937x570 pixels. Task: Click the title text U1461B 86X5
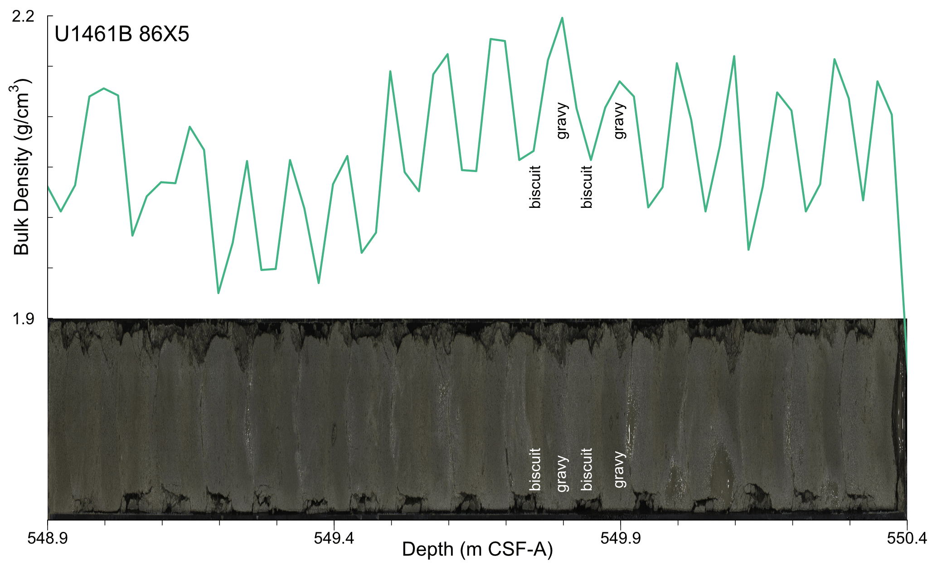pos(121,34)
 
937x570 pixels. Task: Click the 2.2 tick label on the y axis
pos(23,17)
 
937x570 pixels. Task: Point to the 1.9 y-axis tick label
pos(23,319)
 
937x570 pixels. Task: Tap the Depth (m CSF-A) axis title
pos(477,550)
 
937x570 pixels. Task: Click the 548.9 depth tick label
pos(48,538)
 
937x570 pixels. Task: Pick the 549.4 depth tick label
pos(334,538)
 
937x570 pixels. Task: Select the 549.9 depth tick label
pos(621,538)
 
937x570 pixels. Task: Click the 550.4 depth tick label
pos(907,538)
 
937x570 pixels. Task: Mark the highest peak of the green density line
pos(562,18)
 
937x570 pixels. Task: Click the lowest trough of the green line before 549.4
pos(218,293)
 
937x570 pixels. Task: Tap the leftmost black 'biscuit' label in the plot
pos(535,187)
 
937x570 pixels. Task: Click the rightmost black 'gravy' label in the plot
pos(620,121)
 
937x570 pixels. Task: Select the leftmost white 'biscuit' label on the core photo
pos(535,469)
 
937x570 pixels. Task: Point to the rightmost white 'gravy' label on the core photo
pos(620,469)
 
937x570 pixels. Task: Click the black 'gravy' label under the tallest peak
pos(562,121)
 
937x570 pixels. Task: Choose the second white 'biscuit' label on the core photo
pos(587,469)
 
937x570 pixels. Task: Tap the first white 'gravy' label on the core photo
pos(562,473)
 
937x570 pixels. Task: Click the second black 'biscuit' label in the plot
pos(587,187)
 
